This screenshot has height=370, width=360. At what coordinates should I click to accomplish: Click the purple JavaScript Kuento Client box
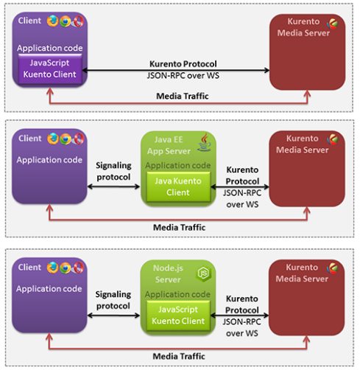click(50, 69)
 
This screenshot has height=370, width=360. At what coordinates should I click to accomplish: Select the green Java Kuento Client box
click(178, 186)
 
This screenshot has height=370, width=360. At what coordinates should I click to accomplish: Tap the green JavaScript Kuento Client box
click(178, 315)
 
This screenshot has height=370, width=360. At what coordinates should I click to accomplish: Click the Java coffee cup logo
click(205, 142)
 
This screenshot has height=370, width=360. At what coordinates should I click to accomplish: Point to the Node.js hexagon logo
click(203, 273)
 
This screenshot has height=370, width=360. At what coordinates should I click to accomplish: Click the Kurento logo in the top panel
click(332, 24)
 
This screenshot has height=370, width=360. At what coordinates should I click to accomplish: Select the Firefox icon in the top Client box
click(52, 21)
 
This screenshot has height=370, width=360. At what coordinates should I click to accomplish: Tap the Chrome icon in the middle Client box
click(66, 139)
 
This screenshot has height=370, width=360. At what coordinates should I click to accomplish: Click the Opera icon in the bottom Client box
click(78, 268)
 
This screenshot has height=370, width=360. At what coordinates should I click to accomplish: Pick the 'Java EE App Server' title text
click(169, 145)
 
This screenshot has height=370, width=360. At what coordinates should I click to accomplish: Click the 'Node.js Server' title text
click(168, 273)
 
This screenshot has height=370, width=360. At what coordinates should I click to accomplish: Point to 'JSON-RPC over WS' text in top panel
click(183, 75)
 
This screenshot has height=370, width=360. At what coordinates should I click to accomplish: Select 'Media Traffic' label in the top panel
click(183, 96)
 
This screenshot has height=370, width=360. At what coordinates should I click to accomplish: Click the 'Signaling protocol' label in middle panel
click(113, 171)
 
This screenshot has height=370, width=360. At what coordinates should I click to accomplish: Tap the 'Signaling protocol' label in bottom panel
click(113, 300)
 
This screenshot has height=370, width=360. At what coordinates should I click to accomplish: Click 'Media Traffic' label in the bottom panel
click(179, 356)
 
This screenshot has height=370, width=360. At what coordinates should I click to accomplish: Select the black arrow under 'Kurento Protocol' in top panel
click(176, 70)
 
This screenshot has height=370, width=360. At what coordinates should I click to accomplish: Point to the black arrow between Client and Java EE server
click(114, 186)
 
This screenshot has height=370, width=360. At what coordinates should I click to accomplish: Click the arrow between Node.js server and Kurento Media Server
click(239, 315)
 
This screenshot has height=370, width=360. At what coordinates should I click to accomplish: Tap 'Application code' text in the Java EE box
click(178, 165)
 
